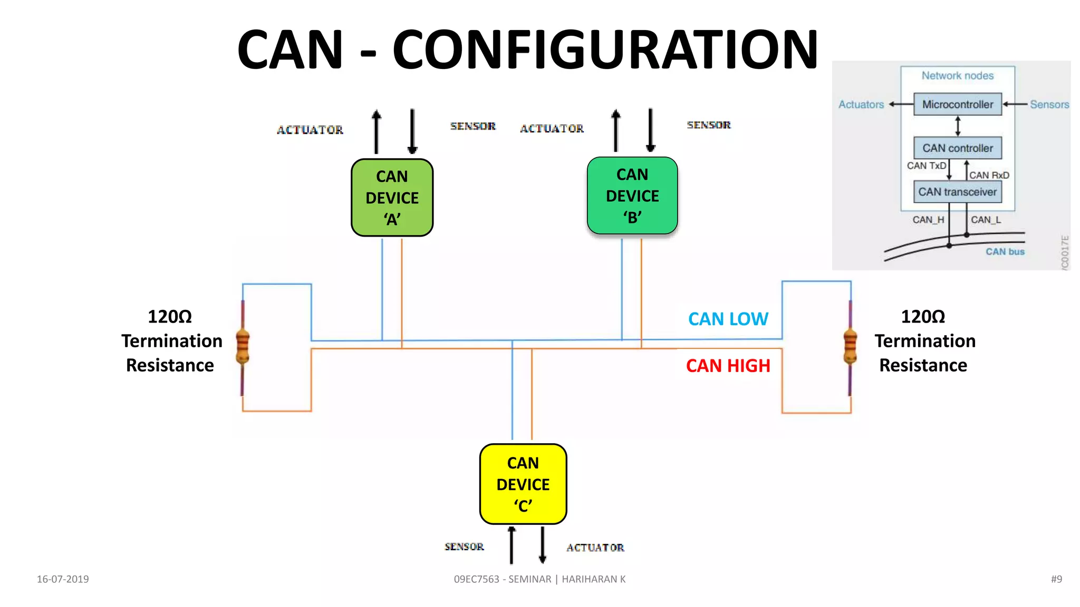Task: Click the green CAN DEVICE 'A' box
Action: (x=392, y=198)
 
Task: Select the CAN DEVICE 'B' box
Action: (x=632, y=195)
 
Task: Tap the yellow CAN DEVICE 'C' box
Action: (x=523, y=484)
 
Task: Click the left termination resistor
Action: (x=243, y=347)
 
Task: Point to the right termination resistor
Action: (x=850, y=347)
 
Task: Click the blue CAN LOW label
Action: (x=728, y=319)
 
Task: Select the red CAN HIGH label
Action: (x=728, y=366)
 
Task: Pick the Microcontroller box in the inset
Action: (x=957, y=104)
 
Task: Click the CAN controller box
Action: (x=957, y=148)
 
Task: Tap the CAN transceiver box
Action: (x=957, y=192)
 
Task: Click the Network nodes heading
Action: (x=957, y=76)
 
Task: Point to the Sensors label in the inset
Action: (x=1049, y=104)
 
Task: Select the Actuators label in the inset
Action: (x=861, y=104)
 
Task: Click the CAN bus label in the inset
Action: (x=1005, y=252)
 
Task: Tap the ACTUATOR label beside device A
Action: (x=310, y=130)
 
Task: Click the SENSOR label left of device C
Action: (x=464, y=546)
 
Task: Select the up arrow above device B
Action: (x=615, y=130)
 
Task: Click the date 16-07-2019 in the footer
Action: (x=63, y=579)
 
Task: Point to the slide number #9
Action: (x=1056, y=579)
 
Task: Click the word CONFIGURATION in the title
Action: (x=605, y=50)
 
